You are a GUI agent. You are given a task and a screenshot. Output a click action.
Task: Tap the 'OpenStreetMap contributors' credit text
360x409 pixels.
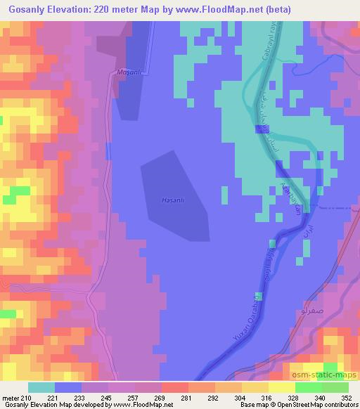(318, 405)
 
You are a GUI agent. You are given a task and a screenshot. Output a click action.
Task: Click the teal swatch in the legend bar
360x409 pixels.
(41, 387)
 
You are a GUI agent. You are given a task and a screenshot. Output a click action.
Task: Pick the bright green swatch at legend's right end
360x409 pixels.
(335, 387)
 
